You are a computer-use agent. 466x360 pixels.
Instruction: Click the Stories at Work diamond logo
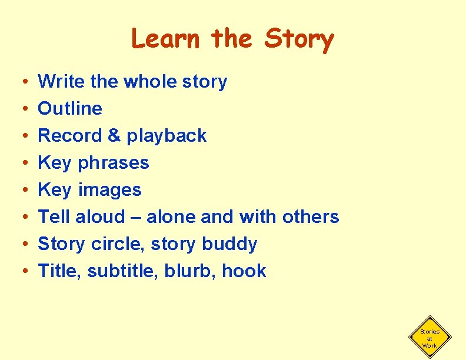pos(430,338)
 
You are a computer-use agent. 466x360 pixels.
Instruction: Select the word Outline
pos(70,108)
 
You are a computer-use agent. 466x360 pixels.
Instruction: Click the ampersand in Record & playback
pos(114,135)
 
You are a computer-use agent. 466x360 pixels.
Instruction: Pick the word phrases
pos(114,163)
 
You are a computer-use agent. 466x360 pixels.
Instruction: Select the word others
pos(311,216)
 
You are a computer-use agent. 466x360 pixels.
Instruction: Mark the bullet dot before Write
pos(20,82)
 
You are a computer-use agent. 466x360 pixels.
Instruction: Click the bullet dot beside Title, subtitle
pos(20,271)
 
